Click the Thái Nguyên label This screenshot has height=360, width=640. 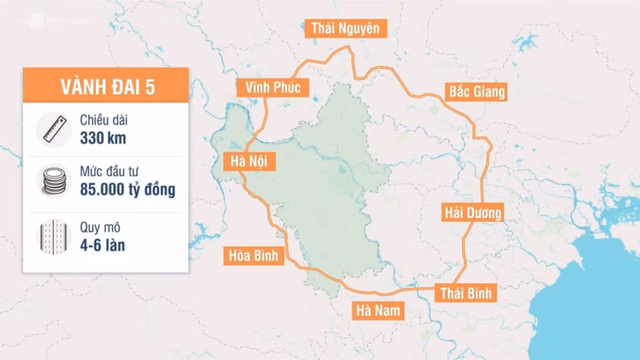tap(346, 28)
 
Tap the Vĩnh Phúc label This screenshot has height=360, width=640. tap(273, 88)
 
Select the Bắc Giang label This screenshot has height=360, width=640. tap(476, 91)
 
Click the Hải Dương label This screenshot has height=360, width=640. tap(473, 213)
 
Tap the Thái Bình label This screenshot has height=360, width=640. tap(466, 293)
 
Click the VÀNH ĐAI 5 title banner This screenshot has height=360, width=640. tap(106, 87)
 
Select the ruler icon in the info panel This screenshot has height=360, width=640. tap(54, 129)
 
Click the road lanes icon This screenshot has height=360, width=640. tap(54, 236)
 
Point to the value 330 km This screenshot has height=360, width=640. tap(103, 138)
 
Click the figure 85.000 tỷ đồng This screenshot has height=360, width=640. tap(127, 191)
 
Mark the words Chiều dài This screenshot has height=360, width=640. tap(104, 122)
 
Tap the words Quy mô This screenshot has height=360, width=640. tap(101, 229)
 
